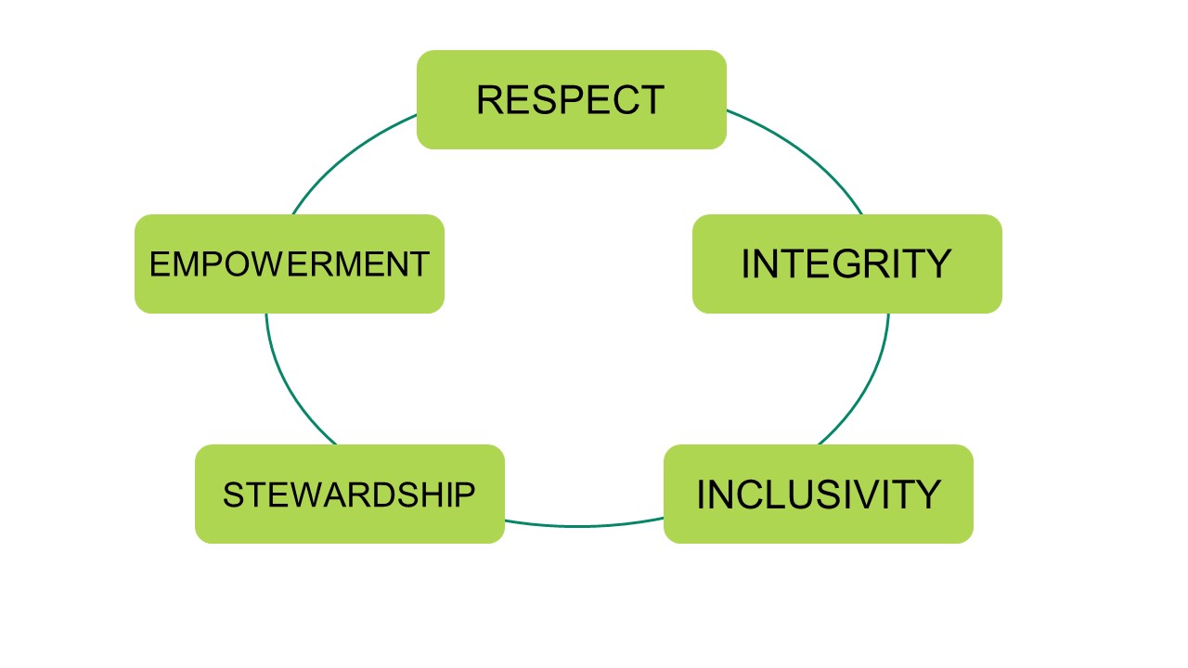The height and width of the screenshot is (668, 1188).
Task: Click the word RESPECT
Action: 570,100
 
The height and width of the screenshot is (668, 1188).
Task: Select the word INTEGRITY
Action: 846,264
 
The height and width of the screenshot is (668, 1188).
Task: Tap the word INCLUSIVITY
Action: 818,495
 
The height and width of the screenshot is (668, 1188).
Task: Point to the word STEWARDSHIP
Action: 349,495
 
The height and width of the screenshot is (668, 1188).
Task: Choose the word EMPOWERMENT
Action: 289,265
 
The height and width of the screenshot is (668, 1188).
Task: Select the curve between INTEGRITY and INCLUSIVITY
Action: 868,390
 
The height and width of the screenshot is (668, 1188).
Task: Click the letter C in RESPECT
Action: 624,100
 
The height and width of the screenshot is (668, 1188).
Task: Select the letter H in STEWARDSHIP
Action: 440,495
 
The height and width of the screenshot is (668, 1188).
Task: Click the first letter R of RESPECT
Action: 490,100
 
